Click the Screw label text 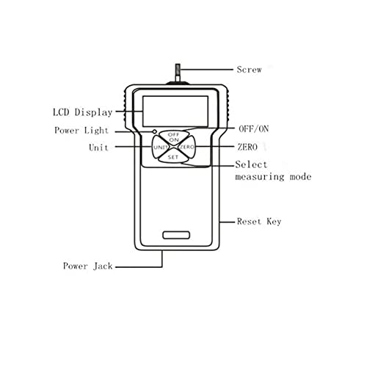pos(249,70)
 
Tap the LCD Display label pos(83,112)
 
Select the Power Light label pos(81,131)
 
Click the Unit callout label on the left pos(98,148)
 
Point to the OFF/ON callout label pos(254,128)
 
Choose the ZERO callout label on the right pos(247,147)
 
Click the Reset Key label pos(259,222)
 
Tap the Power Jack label pos(88,266)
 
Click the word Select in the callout pos(251,164)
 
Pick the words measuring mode pos(273,177)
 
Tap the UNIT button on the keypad pos(161,147)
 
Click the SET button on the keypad pos(173,157)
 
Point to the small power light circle pos(155,131)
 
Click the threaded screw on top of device pos(178,73)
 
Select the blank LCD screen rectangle pos(175,112)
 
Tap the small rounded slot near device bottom pos(176,235)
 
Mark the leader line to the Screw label pos(207,70)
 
